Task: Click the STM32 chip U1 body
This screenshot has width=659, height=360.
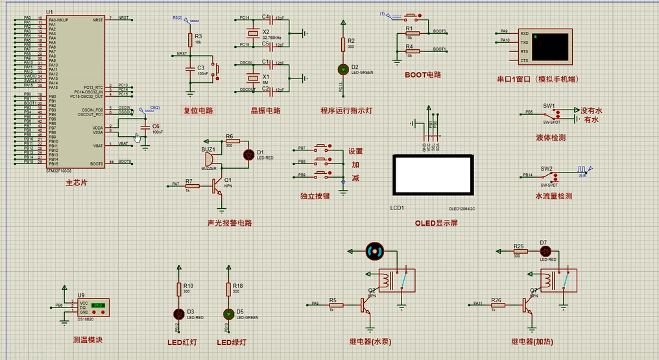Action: click(x=75, y=91)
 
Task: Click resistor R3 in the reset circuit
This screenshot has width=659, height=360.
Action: click(x=190, y=39)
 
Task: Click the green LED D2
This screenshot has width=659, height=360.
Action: click(x=342, y=68)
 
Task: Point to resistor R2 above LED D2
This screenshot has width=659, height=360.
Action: click(x=342, y=43)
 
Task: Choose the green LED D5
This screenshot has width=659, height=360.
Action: click(x=228, y=313)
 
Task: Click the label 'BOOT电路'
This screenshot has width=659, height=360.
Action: click(x=422, y=75)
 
